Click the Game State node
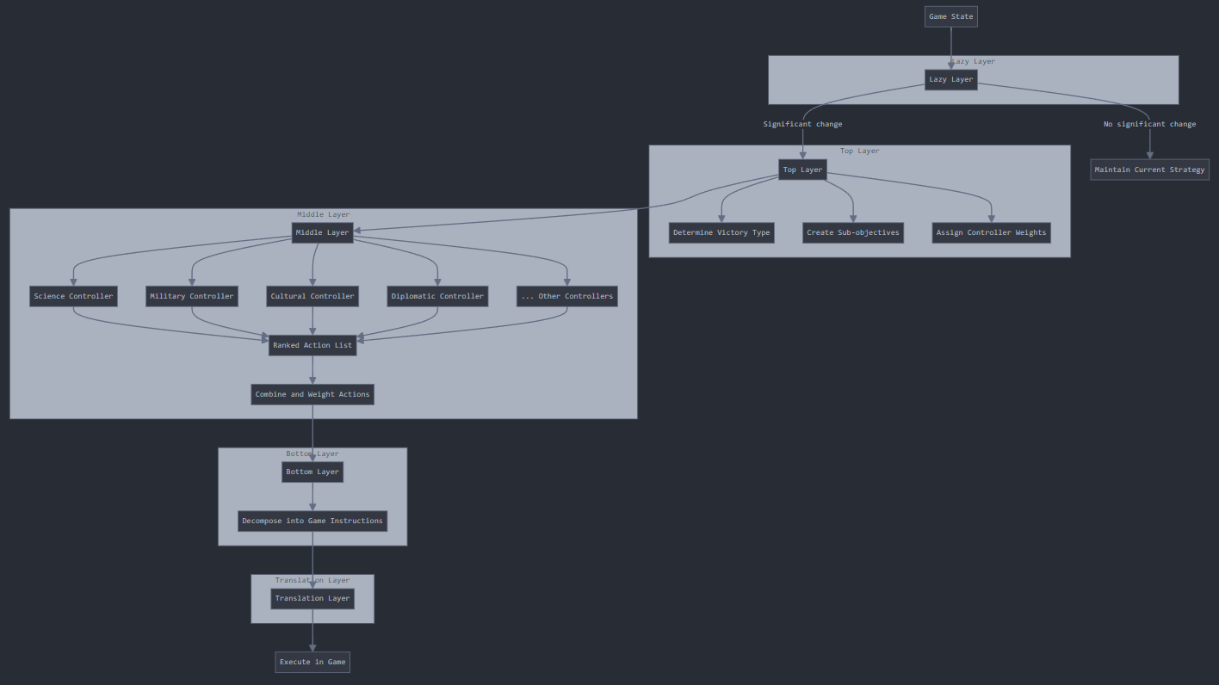(x=950, y=16)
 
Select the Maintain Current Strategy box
(x=1149, y=170)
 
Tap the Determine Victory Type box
(x=721, y=232)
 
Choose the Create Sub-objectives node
(x=852, y=232)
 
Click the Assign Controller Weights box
(x=991, y=232)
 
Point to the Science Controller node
(x=73, y=296)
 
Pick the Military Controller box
(x=192, y=296)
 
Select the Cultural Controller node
(x=312, y=296)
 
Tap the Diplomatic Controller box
(x=437, y=296)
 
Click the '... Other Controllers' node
(x=566, y=296)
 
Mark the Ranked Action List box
(x=312, y=345)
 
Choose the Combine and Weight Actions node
(x=312, y=394)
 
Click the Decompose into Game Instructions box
(x=312, y=521)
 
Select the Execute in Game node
(x=312, y=662)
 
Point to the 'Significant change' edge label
(x=802, y=124)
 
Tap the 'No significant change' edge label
(x=1149, y=124)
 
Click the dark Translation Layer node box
(x=312, y=599)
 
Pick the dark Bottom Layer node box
(x=312, y=472)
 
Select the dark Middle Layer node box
(x=322, y=232)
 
